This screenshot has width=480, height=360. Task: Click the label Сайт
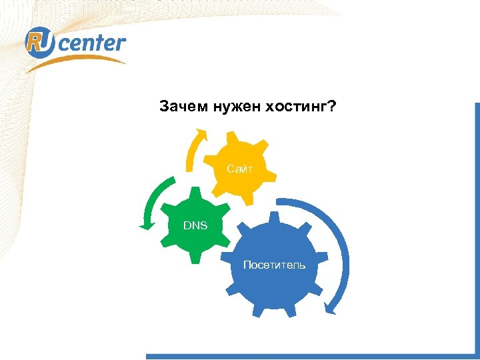click(239, 170)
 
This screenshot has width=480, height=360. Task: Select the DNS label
click(195, 225)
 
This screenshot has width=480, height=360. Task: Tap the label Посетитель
click(274, 265)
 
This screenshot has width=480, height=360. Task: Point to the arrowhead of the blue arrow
click(330, 307)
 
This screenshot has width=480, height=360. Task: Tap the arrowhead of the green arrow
click(146, 226)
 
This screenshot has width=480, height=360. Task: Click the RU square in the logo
click(38, 43)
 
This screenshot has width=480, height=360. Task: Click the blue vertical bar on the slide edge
click(476, 227)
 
